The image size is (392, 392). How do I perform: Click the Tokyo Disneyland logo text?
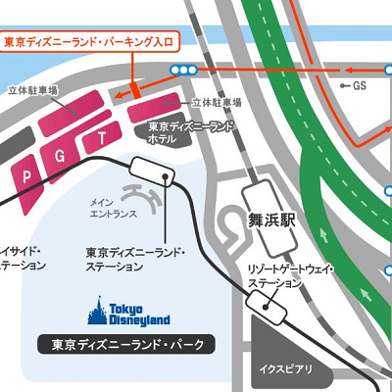(x=137, y=315)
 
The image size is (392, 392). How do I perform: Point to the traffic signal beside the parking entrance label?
(x=181, y=70)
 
